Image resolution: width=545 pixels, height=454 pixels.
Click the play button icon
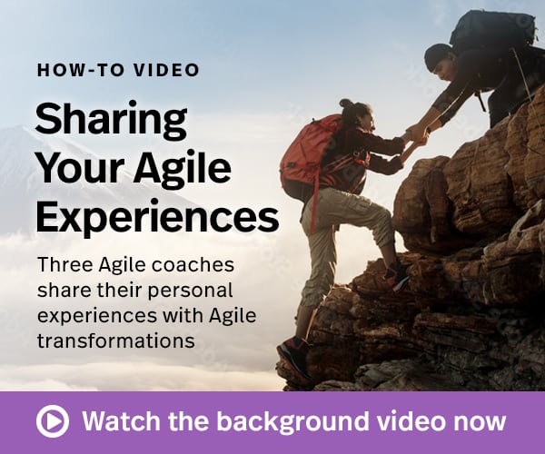[53, 421]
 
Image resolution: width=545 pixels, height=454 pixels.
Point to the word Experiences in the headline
[157, 216]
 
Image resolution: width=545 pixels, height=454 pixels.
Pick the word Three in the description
[65, 265]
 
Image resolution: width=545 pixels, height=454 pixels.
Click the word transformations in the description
[116, 341]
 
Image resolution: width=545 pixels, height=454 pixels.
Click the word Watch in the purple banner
[122, 421]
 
